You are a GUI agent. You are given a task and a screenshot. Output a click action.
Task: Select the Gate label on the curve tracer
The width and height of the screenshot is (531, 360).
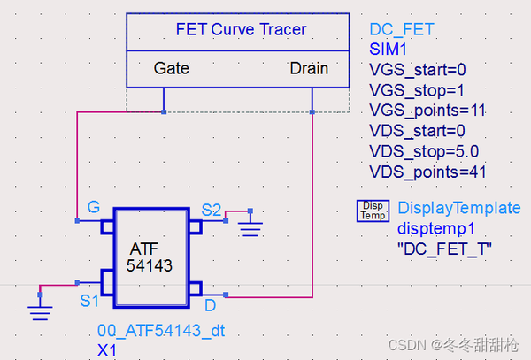pos(171,68)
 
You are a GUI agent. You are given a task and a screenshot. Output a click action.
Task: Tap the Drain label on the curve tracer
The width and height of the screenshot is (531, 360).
pos(309,68)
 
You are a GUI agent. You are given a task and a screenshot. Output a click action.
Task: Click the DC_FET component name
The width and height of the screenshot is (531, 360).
pos(402,29)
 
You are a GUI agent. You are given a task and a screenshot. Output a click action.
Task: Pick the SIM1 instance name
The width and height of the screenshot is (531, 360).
pos(389,50)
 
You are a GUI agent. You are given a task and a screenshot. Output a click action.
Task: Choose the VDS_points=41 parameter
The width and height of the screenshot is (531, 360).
pos(427,172)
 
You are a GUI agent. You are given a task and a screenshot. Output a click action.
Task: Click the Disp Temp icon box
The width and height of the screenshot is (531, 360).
pos(373,211)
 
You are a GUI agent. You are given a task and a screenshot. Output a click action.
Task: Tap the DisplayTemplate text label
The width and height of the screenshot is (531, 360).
pos(458,209)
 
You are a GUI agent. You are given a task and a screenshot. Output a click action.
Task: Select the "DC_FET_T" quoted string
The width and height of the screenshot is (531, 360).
pos(444,249)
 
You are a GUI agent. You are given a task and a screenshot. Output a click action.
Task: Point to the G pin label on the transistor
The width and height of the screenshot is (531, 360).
pos(93,209)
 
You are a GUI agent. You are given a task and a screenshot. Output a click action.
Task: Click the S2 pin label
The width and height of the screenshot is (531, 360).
pos(212,210)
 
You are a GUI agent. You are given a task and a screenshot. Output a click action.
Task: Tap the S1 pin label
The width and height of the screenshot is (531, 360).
pos(89,301)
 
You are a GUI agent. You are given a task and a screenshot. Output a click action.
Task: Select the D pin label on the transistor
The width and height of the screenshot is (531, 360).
pos(211,305)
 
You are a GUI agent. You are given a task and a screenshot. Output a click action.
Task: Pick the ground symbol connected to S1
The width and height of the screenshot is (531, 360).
pos(40,306)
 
